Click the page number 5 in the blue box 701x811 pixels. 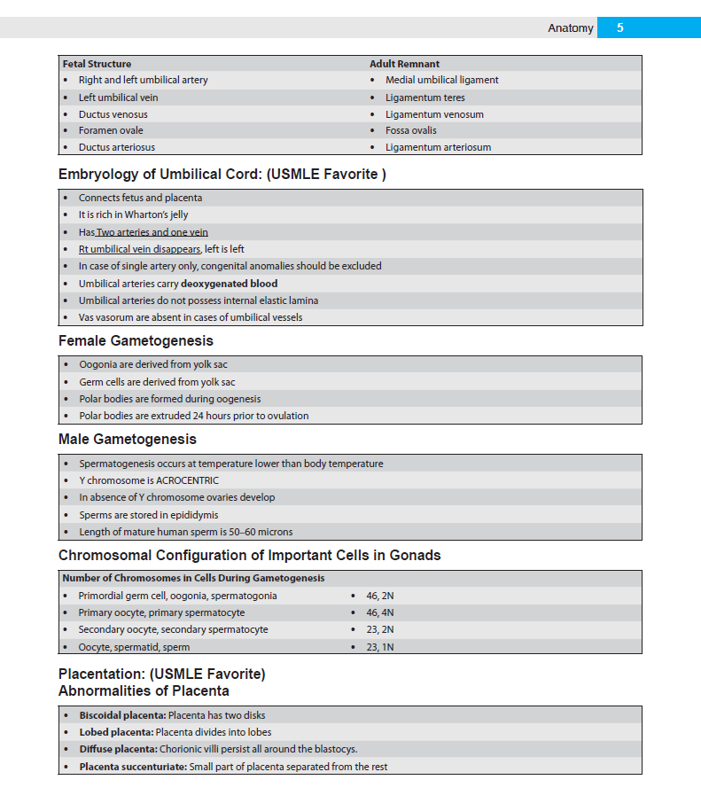tap(620, 27)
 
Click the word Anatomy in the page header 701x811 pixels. tap(570, 28)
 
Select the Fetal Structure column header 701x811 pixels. tap(97, 64)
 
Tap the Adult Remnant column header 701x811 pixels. tap(404, 64)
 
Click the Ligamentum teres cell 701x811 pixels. tap(424, 97)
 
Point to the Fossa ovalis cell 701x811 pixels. tap(410, 130)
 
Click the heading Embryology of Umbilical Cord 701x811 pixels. tap(222, 175)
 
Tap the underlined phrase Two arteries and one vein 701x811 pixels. tap(152, 232)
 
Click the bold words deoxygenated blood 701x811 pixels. tap(229, 284)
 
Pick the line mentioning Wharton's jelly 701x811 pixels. tap(133, 214)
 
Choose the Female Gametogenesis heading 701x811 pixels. tap(136, 341)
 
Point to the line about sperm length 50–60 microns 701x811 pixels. tap(185, 532)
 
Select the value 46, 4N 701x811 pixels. tap(380, 612)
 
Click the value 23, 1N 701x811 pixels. tap(379, 647)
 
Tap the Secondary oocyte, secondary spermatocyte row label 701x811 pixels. tap(173, 629)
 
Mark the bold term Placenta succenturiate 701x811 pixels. tap(133, 767)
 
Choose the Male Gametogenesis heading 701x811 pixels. tap(128, 440)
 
